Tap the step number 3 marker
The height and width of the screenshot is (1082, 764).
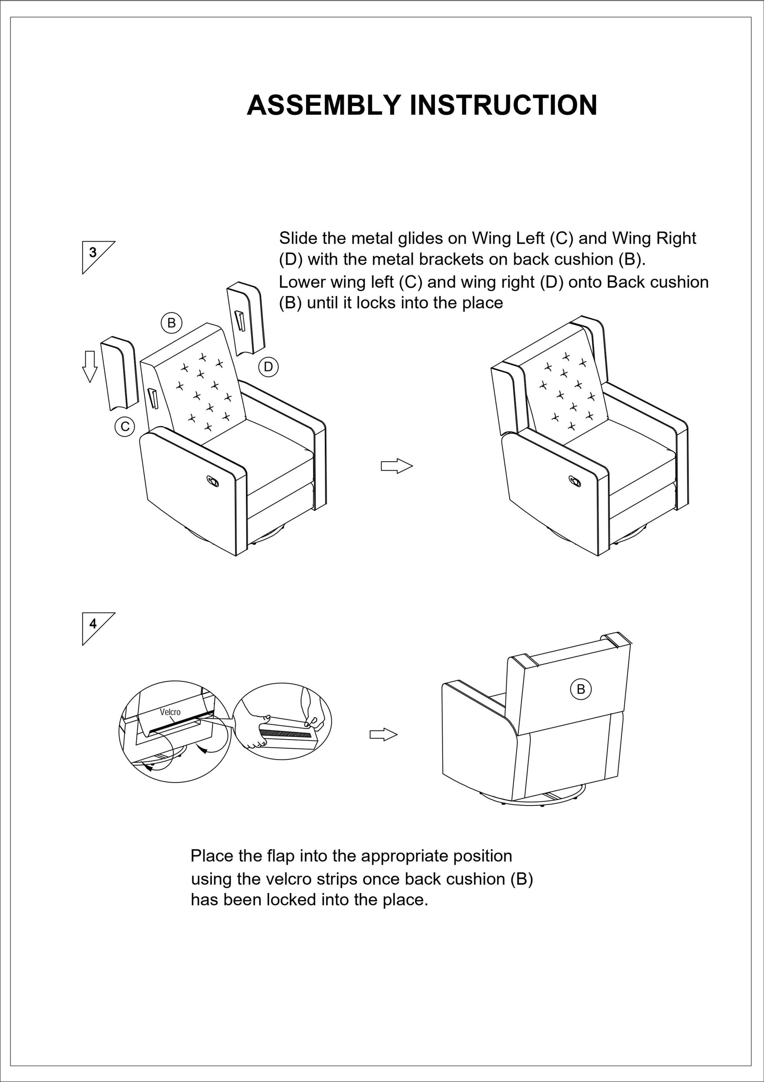click(x=93, y=253)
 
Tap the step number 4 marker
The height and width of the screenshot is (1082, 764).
click(x=93, y=624)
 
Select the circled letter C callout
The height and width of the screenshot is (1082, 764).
click(x=125, y=427)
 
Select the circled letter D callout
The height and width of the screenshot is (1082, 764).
click(x=268, y=367)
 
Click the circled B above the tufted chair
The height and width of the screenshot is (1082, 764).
click(x=172, y=323)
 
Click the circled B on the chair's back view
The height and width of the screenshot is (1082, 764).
click(x=580, y=689)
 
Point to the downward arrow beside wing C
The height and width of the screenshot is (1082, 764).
click(x=90, y=366)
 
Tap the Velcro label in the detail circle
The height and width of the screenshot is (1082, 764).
click(x=170, y=712)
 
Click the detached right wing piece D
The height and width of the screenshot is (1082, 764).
click(x=246, y=319)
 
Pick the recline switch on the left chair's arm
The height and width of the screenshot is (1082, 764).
click(x=213, y=482)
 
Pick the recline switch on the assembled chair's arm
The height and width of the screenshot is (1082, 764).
click(x=575, y=482)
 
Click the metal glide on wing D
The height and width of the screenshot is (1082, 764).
click(x=241, y=321)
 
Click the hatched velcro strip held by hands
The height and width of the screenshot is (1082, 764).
click(x=286, y=734)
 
